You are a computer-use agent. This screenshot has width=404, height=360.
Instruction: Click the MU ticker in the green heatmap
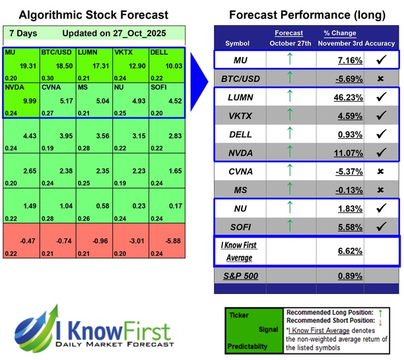pyautogui.click(x=10, y=51)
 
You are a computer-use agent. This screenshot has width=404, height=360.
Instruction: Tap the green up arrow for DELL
pyautogui.click(x=289, y=134)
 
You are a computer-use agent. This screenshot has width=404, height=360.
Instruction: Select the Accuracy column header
pyautogui.click(x=381, y=44)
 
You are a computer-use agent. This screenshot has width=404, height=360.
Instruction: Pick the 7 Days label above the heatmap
pyautogui.click(x=23, y=33)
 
